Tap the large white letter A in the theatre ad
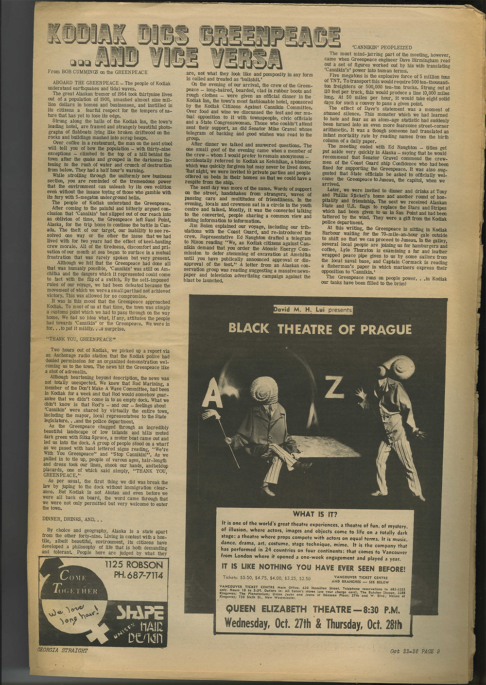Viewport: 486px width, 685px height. pos(211,396)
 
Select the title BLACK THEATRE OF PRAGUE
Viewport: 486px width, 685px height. pos(320,329)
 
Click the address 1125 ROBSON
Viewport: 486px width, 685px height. pos(134,565)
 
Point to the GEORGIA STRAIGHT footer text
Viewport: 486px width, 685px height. pos(63,650)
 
